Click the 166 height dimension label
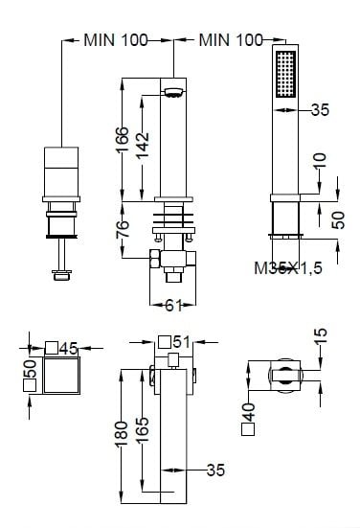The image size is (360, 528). pos(123,139)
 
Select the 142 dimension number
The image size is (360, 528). pos(143,146)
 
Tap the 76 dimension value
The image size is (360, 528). pos(123,229)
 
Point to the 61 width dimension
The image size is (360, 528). pos(173,305)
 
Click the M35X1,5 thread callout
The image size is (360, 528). pos(288,268)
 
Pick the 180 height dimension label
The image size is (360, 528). pos(122,434)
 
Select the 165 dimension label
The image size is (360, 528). pos(143,430)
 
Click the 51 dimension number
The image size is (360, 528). pos(182,342)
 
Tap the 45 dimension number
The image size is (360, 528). pos(68,349)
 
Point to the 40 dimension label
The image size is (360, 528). pos(249,412)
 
